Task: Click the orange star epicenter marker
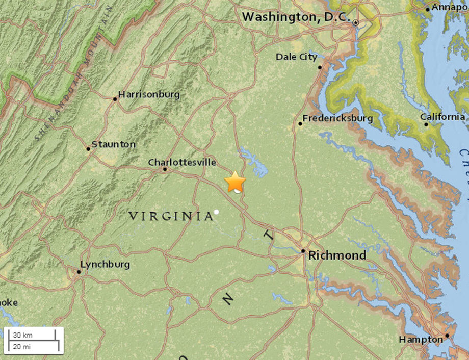click(235, 182)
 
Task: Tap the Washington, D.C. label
click(296, 17)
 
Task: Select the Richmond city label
click(337, 255)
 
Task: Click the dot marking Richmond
click(303, 251)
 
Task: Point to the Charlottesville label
click(182, 162)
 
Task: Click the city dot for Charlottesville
click(165, 169)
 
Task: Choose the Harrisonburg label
click(149, 94)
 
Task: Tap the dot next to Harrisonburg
click(115, 99)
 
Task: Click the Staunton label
click(114, 144)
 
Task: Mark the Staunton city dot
click(88, 149)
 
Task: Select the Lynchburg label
click(105, 264)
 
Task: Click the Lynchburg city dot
click(79, 272)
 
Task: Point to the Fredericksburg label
click(337, 118)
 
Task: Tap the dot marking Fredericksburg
click(300, 123)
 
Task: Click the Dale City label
click(296, 57)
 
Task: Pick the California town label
click(442, 117)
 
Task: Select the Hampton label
click(421, 339)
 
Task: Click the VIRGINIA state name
click(171, 216)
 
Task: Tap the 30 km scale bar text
click(23, 335)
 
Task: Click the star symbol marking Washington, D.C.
click(356, 23)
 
